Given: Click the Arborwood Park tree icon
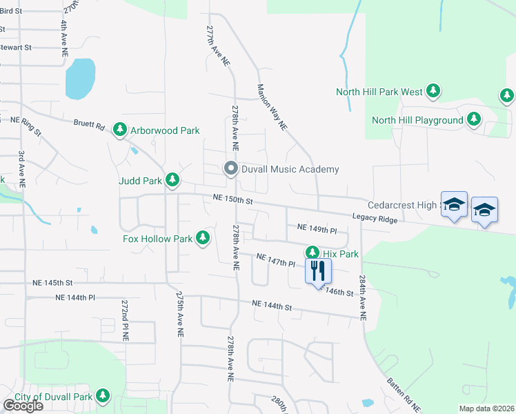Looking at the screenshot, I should pyautogui.click(x=120, y=130).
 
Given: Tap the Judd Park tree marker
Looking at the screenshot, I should pyautogui.click(x=172, y=181).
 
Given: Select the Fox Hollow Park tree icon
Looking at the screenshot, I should pyautogui.click(x=202, y=239).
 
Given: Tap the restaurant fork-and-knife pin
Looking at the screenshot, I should pyautogui.click(x=318, y=270).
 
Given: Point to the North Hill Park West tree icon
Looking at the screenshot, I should pyautogui.click(x=433, y=91).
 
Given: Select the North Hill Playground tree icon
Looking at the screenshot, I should pyautogui.click(x=473, y=120).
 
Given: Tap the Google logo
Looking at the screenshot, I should pyautogui.click(x=23, y=405).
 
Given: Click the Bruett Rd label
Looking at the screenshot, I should pyautogui.click(x=89, y=126).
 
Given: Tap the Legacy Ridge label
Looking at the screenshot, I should pyautogui.click(x=375, y=218).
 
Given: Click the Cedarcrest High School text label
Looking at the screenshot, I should pyautogui.click(x=403, y=205).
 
